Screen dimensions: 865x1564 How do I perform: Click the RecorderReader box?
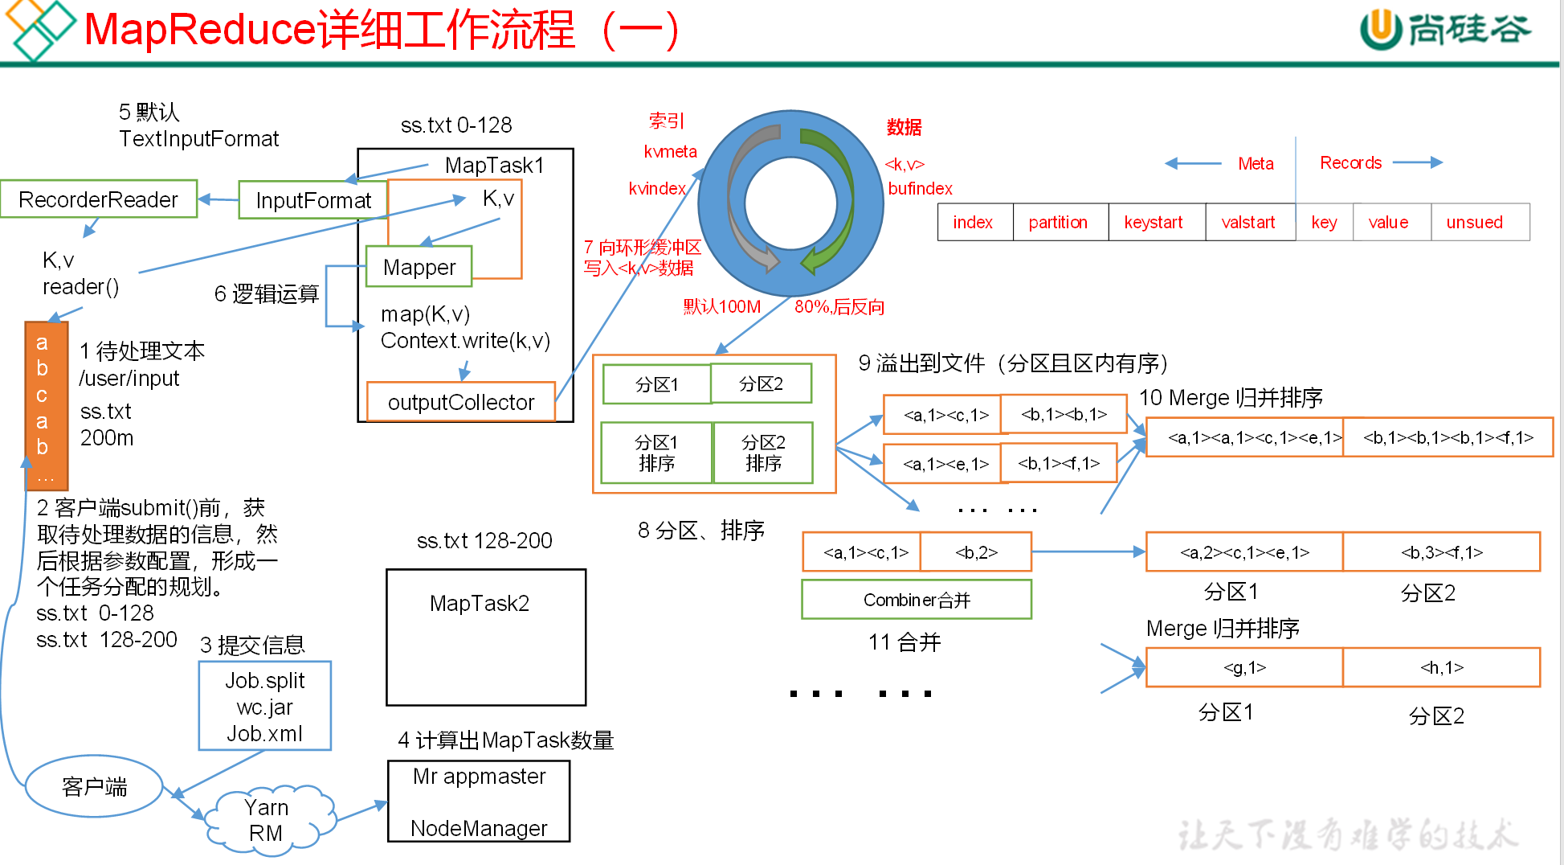(x=99, y=199)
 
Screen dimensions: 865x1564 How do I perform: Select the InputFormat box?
(x=313, y=200)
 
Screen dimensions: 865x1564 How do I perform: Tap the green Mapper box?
(x=419, y=267)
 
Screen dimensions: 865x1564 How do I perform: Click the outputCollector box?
(x=461, y=402)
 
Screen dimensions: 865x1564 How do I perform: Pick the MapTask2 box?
(x=485, y=637)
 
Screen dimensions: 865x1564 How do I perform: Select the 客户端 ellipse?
(x=94, y=786)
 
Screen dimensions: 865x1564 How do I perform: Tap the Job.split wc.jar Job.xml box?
(x=265, y=707)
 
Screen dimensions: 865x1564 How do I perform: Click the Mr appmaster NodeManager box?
(x=479, y=801)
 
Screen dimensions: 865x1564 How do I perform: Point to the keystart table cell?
(x=1154, y=223)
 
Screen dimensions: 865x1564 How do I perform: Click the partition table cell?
(x=1058, y=223)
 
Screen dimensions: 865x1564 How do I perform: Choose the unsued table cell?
(x=1475, y=223)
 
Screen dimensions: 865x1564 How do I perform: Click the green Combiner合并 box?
(x=917, y=600)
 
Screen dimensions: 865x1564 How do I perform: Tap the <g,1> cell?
(x=1244, y=667)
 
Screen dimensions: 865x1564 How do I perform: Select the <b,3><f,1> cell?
(x=1441, y=552)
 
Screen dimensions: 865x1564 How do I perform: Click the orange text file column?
(x=46, y=406)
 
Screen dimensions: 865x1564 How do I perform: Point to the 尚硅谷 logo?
(x=1446, y=30)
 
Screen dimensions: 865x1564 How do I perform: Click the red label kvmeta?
(x=671, y=152)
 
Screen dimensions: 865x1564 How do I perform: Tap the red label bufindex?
(x=920, y=189)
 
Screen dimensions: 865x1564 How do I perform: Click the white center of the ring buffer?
(x=791, y=203)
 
